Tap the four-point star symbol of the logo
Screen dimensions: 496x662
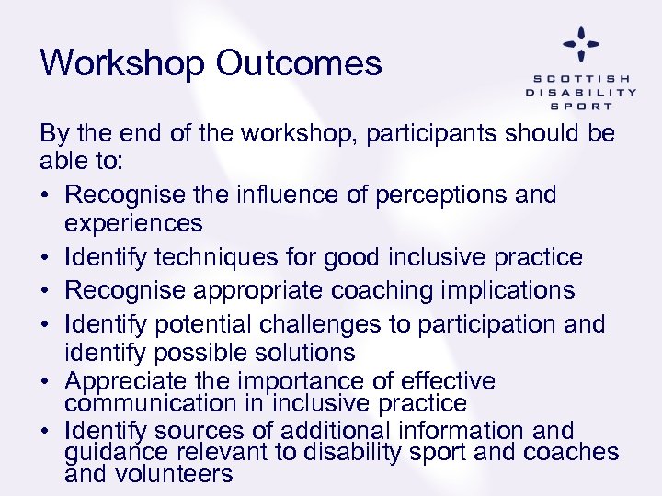point(581,43)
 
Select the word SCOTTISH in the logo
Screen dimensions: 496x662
point(581,78)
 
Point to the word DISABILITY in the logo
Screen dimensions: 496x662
point(581,92)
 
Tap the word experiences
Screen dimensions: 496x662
point(133,224)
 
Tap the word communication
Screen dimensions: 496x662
point(146,403)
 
